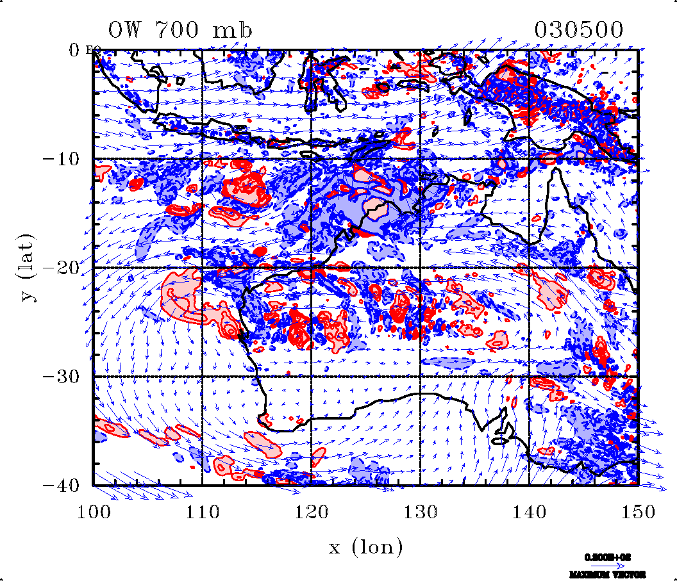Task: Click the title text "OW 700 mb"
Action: pyautogui.click(x=180, y=29)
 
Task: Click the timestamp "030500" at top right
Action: pyautogui.click(x=579, y=29)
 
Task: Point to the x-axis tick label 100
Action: pyautogui.click(x=94, y=511)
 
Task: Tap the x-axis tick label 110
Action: pyautogui.click(x=202, y=511)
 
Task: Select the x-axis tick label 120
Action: pyautogui.click(x=311, y=511)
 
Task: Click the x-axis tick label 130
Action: pyautogui.click(x=420, y=511)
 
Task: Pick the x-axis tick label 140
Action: pyautogui.click(x=529, y=511)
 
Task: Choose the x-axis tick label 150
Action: pyautogui.click(x=637, y=511)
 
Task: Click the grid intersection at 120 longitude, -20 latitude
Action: pyautogui.click(x=311, y=268)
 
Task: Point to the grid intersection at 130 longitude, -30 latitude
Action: pyautogui.click(x=420, y=377)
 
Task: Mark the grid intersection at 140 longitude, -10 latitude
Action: pyautogui.click(x=529, y=159)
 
